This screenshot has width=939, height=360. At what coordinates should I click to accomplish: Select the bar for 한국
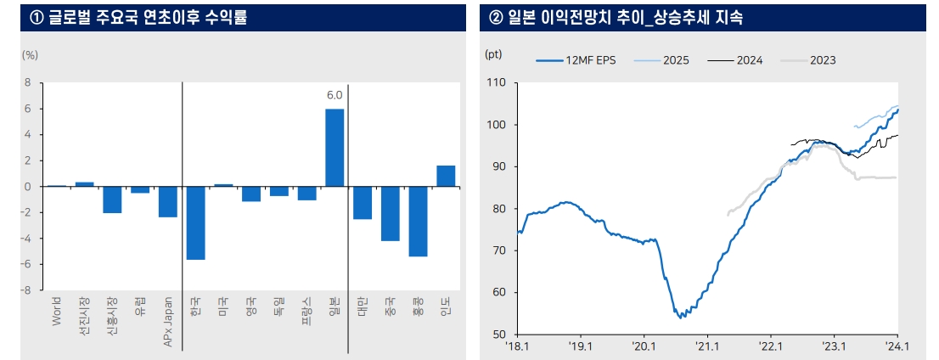point(195,222)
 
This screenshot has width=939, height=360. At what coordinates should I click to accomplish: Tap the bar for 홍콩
point(418,221)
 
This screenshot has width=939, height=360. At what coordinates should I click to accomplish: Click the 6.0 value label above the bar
point(335,95)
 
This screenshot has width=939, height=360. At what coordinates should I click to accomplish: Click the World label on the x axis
point(57,311)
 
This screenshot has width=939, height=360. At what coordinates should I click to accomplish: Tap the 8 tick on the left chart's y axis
point(27,83)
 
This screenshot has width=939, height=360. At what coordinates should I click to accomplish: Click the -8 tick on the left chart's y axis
point(25,290)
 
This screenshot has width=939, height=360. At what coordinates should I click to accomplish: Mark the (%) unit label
point(30,54)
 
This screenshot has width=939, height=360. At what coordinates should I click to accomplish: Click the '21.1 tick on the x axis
point(707,346)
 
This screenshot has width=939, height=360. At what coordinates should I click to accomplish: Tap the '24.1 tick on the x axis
point(897,346)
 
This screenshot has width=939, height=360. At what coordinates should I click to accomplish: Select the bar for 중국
point(390,213)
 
